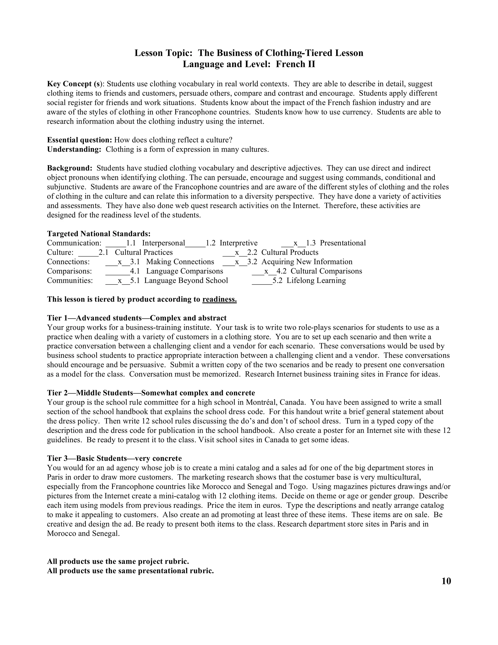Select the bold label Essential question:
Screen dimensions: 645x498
click(79, 140)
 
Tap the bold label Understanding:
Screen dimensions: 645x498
click(74, 149)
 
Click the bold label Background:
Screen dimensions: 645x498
click(70, 168)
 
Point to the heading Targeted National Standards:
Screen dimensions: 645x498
click(98, 234)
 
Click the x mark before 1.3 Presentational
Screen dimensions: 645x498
click(295, 243)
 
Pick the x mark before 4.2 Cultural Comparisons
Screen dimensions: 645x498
click(266, 271)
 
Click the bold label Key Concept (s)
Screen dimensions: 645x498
click(75, 84)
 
